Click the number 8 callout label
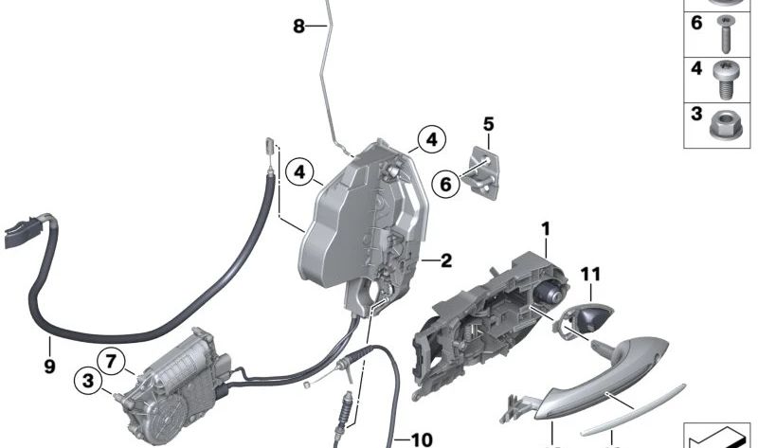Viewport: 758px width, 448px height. (x=299, y=27)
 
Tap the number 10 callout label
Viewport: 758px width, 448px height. (x=421, y=439)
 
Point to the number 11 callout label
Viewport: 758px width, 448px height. (x=590, y=275)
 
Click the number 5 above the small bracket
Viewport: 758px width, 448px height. (x=489, y=124)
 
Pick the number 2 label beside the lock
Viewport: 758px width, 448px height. (x=445, y=259)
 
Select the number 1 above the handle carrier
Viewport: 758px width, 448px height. (x=546, y=228)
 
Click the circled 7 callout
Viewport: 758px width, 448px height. (x=111, y=360)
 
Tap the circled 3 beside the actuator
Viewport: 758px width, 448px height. (x=87, y=381)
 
